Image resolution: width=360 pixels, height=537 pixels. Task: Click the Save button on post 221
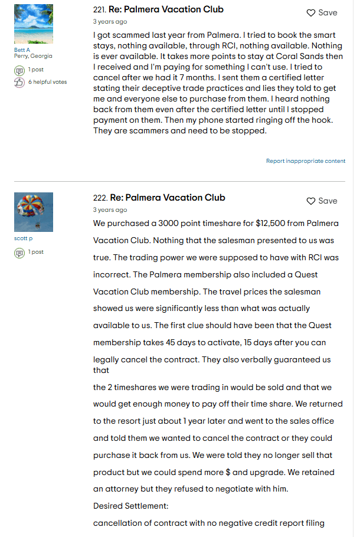click(322, 13)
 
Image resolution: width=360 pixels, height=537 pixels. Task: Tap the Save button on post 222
click(322, 201)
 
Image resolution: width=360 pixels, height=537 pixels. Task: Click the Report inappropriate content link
click(306, 161)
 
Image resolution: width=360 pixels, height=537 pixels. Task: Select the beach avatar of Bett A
click(34, 24)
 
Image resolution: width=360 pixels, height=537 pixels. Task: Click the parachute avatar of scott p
click(34, 212)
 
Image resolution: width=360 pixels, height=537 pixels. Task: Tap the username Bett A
click(22, 50)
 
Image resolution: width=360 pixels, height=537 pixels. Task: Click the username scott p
click(24, 238)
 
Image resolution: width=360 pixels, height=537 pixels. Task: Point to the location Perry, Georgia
click(33, 56)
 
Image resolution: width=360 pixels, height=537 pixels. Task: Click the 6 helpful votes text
click(47, 82)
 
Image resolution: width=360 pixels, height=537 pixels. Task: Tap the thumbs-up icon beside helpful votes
click(19, 82)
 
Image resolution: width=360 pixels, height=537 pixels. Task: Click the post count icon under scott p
click(19, 253)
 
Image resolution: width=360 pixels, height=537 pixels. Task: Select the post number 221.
click(99, 10)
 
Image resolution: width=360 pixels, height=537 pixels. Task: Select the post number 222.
click(99, 198)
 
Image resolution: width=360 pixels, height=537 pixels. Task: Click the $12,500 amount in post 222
click(273, 224)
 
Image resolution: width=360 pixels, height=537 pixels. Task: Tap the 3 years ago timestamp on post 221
click(110, 22)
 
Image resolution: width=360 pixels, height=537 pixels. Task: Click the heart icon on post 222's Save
click(311, 201)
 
